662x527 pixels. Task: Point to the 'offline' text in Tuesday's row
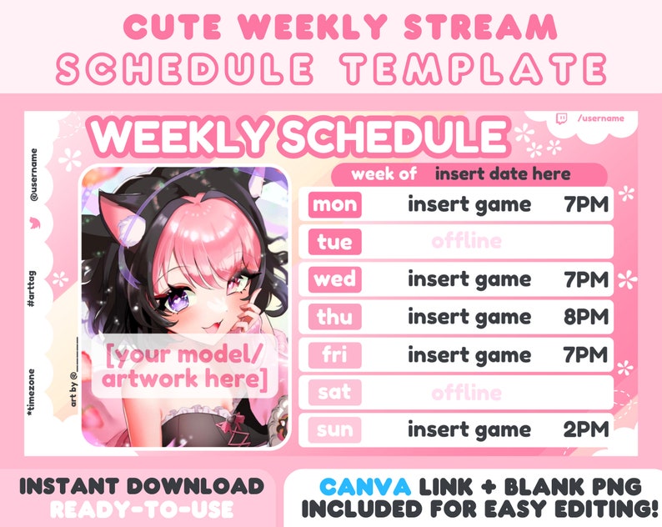467,243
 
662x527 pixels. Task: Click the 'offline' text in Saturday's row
467,392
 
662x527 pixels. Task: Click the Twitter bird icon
34,224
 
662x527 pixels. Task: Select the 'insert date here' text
503,174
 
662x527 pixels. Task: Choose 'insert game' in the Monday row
469,205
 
